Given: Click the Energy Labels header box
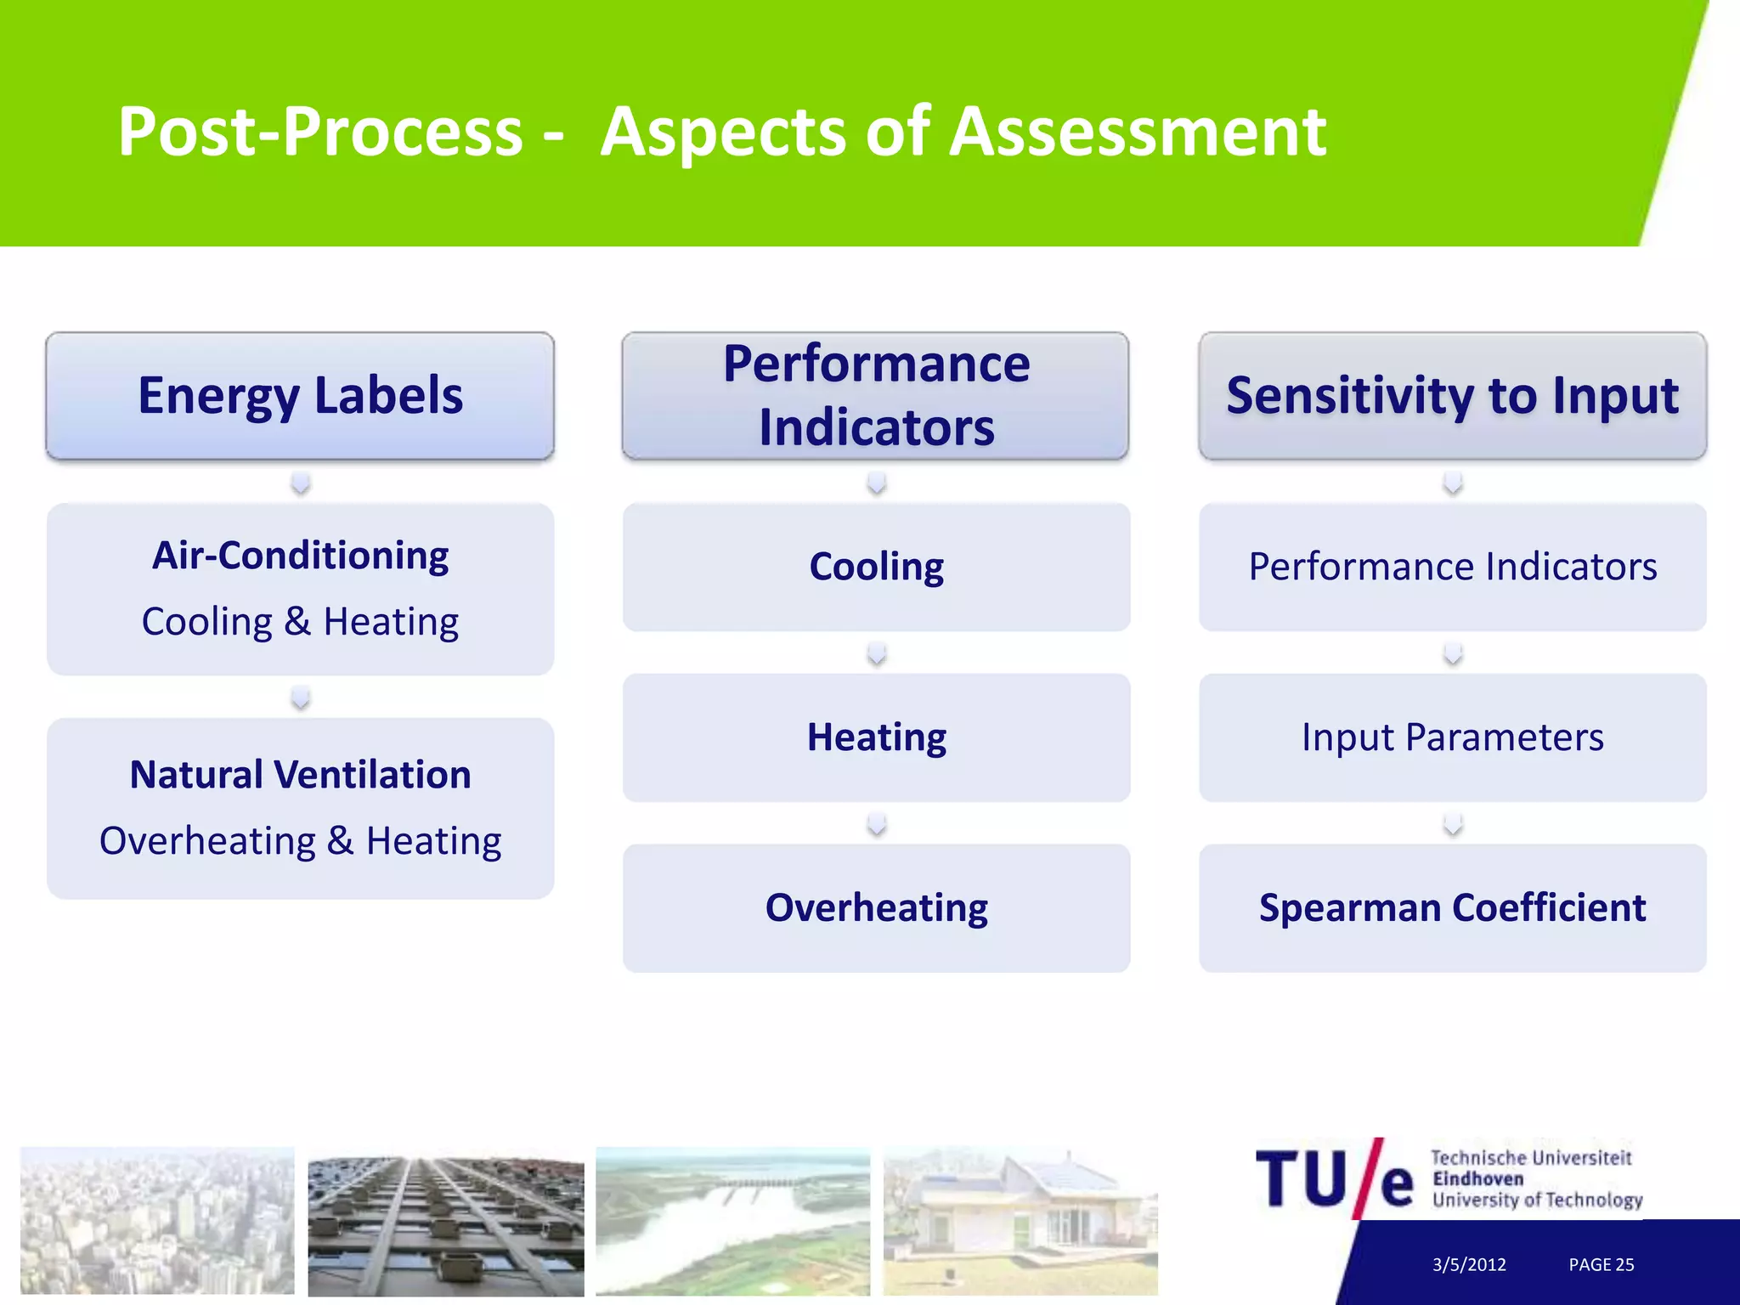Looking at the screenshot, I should (300, 396).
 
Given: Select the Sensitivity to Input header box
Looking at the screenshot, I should (1452, 396).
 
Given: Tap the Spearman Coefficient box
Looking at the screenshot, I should (1452, 907).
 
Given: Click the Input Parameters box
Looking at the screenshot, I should (1452, 737).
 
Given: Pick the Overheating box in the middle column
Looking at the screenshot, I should (876, 907).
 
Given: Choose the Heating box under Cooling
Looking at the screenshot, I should (876, 737).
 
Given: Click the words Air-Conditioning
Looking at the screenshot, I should (300, 556).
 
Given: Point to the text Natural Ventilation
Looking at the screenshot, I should (300, 775).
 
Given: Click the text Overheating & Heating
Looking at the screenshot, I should (300, 841).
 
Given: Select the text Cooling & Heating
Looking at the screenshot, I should (300, 622).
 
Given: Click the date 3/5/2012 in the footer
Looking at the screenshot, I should (1469, 1264).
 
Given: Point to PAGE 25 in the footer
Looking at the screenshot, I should (1601, 1264).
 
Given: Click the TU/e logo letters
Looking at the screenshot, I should (1334, 1179).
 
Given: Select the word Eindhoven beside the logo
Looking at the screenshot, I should (1477, 1179).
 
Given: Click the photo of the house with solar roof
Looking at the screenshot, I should (1020, 1220).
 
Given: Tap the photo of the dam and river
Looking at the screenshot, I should (732, 1220).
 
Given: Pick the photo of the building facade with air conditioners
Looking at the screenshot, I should (445, 1225).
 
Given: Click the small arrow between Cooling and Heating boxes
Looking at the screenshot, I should (876, 653).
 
